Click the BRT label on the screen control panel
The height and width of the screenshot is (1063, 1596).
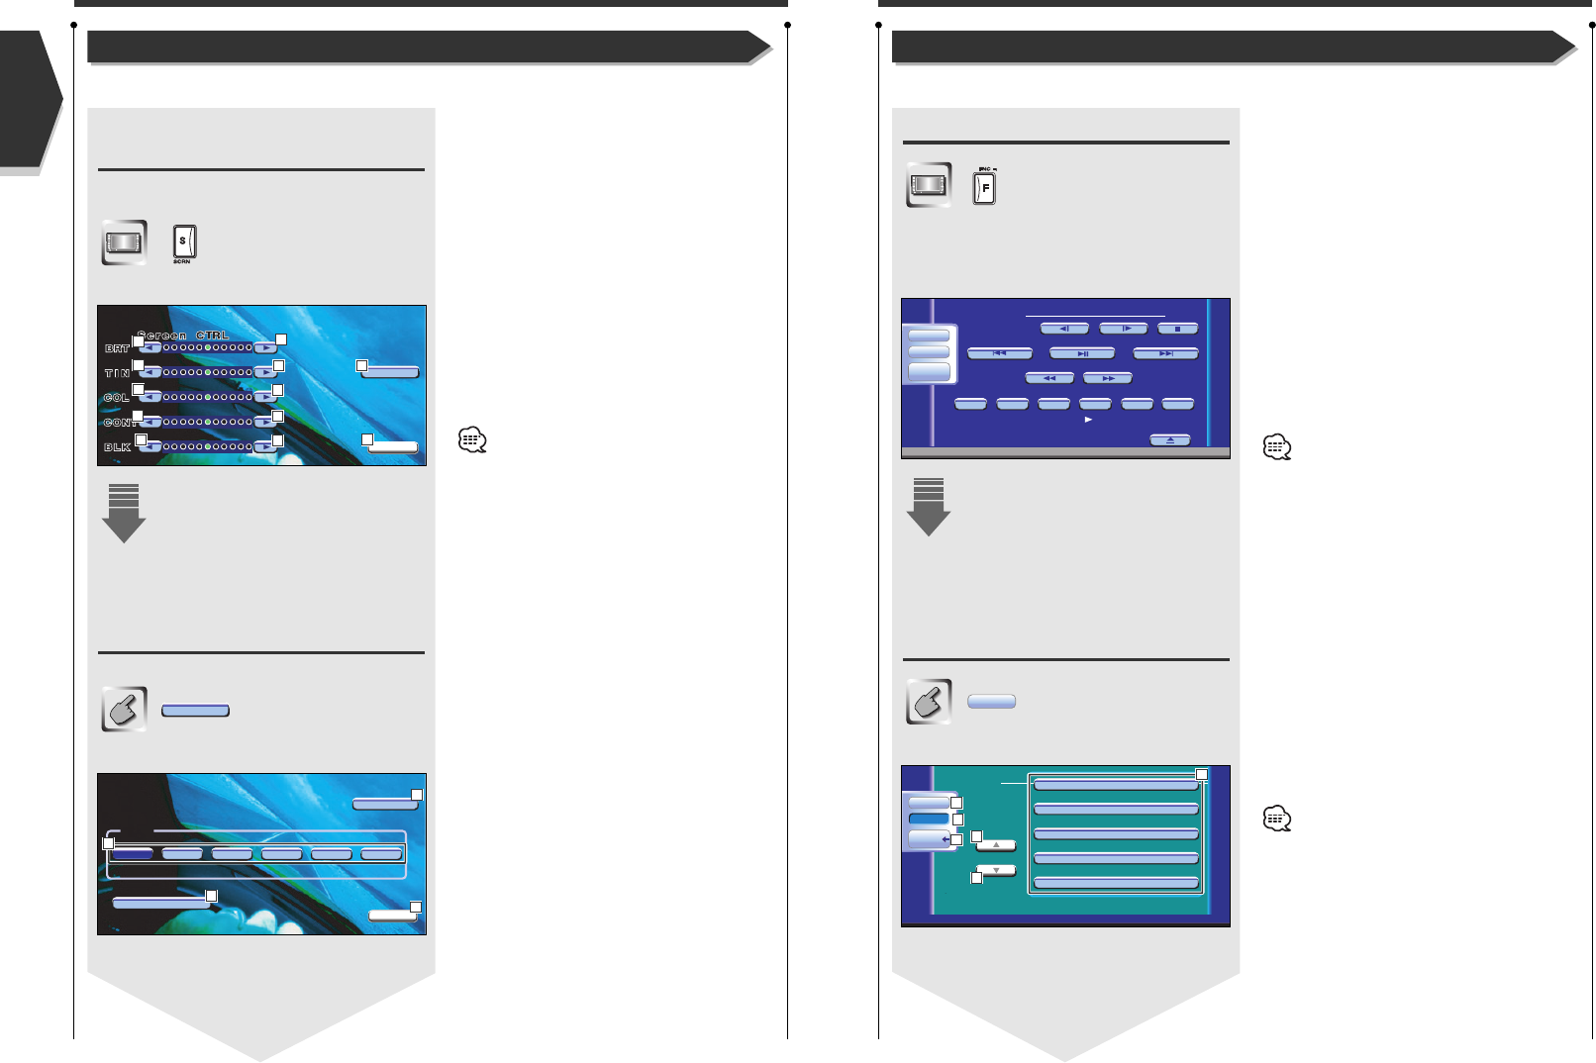pyautogui.click(x=117, y=348)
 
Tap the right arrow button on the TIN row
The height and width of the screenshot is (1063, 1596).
pyautogui.click(x=265, y=372)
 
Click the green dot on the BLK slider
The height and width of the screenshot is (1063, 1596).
pyautogui.click(x=207, y=447)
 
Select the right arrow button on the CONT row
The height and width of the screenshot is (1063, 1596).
pyautogui.click(x=265, y=423)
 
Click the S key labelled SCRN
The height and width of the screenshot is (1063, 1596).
pyautogui.click(x=184, y=242)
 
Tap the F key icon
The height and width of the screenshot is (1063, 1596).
pyautogui.click(x=984, y=187)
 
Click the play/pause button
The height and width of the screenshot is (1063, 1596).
pyautogui.click(x=1082, y=353)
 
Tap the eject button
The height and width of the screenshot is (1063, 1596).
pyautogui.click(x=1169, y=440)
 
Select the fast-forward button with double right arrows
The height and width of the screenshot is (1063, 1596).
pyautogui.click(x=1107, y=378)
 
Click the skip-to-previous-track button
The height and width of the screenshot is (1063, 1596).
pyautogui.click(x=1000, y=353)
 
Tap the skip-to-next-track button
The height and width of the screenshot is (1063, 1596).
pyautogui.click(x=1165, y=353)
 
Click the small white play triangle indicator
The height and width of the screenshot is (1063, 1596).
pyautogui.click(x=1088, y=420)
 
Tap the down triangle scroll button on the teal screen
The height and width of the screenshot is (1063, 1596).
pyautogui.click(x=996, y=871)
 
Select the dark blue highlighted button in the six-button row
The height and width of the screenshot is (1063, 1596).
pyautogui.click(x=132, y=853)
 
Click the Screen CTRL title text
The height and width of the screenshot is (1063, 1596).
pyautogui.click(x=183, y=336)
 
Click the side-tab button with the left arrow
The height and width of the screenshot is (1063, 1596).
pyautogui.click(x=931, y=840)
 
